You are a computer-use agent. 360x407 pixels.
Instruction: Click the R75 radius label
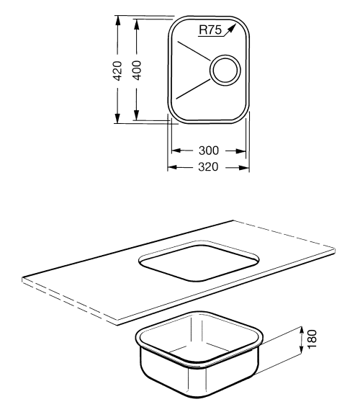[x=210, y=30]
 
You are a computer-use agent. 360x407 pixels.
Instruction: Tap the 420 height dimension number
[x=118, y=71]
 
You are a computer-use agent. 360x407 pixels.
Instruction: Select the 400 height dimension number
[x=137, y=70]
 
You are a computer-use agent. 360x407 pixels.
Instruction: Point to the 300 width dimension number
[x=209, y=151]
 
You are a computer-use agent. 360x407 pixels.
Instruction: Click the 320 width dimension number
[x=208, y=167]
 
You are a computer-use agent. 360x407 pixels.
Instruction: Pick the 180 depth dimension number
[x=312, y=339]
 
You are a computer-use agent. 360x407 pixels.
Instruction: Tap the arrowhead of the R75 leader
[x=232, y=28]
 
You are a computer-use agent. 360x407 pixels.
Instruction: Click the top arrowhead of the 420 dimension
[x=118, y=20]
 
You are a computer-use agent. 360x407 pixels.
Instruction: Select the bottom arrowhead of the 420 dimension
[x=118, y=118]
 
